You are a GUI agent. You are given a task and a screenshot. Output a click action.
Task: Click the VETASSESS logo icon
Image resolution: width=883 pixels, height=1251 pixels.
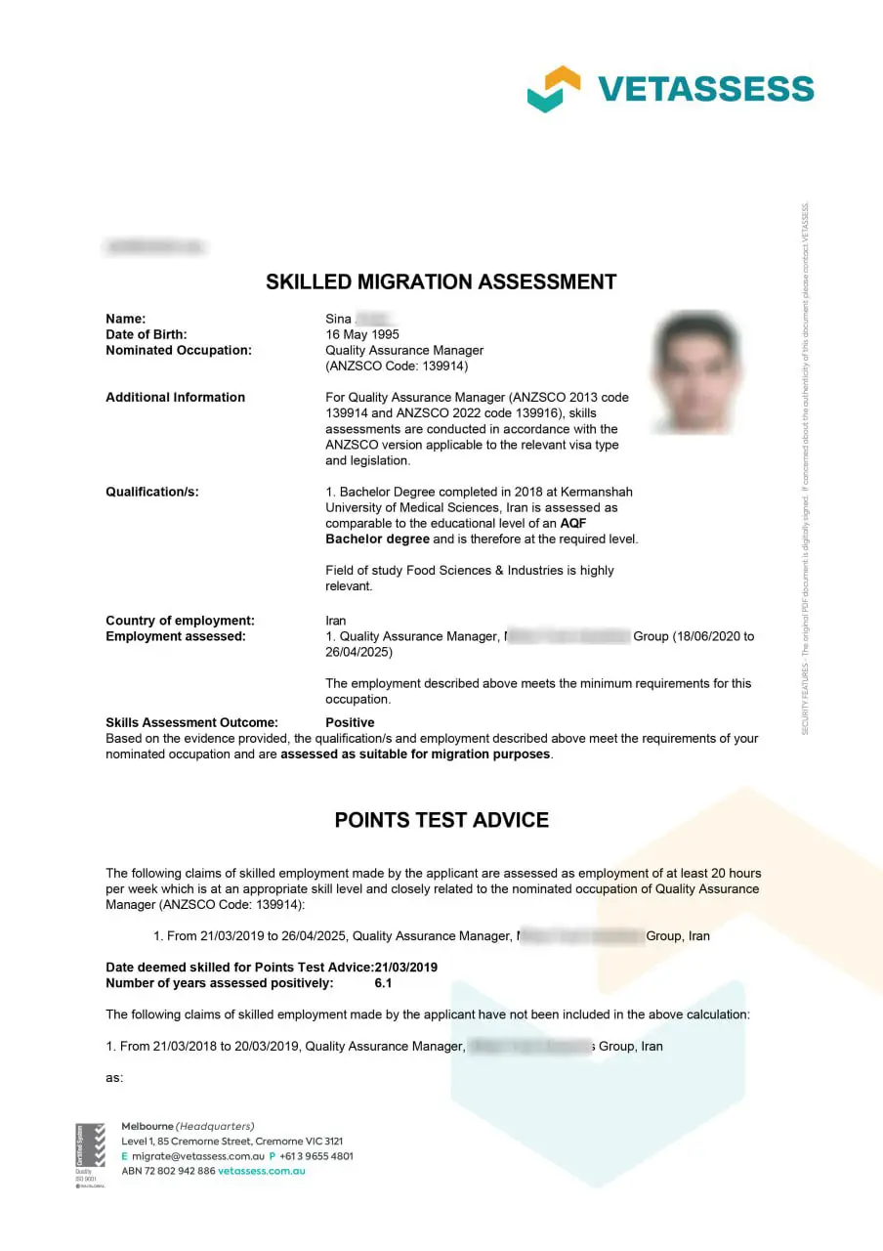[554, 89]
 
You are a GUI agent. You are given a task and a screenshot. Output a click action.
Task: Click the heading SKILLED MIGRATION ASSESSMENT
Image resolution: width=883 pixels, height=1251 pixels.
[441, 282]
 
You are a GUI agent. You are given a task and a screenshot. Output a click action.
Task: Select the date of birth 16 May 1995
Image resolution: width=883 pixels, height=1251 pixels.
[362, 334]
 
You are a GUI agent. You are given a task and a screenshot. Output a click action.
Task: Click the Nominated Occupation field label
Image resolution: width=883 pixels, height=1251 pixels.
[178, 350]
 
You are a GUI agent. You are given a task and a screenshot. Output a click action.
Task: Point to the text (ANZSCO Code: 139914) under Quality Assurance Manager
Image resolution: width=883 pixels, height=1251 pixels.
[397, 366]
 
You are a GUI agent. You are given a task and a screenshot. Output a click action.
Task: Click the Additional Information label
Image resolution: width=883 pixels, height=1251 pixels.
[175, 397]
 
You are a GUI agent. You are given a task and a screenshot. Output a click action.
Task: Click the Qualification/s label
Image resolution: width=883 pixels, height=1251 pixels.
[151, 492]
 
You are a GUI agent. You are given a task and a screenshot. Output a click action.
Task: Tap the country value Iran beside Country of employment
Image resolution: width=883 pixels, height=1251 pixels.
[336, 621]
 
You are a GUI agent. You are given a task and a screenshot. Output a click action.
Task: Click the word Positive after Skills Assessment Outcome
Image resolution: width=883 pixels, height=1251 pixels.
[350, 722]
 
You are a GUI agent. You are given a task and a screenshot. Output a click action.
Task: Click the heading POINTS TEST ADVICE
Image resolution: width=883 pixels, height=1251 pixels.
[441, 820]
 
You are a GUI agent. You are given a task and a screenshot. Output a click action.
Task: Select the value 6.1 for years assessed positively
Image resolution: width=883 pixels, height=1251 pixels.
[383, 983]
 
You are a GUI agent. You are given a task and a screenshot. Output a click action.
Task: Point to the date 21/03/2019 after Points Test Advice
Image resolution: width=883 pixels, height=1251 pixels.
[405, 968]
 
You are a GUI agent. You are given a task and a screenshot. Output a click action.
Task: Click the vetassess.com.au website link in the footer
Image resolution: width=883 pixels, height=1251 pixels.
[262, 1171]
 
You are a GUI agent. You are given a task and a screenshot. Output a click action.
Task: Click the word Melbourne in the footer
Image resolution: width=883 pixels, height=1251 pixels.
[147, 1126]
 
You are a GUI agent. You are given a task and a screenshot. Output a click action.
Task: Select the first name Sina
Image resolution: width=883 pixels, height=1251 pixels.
[338, 319]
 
